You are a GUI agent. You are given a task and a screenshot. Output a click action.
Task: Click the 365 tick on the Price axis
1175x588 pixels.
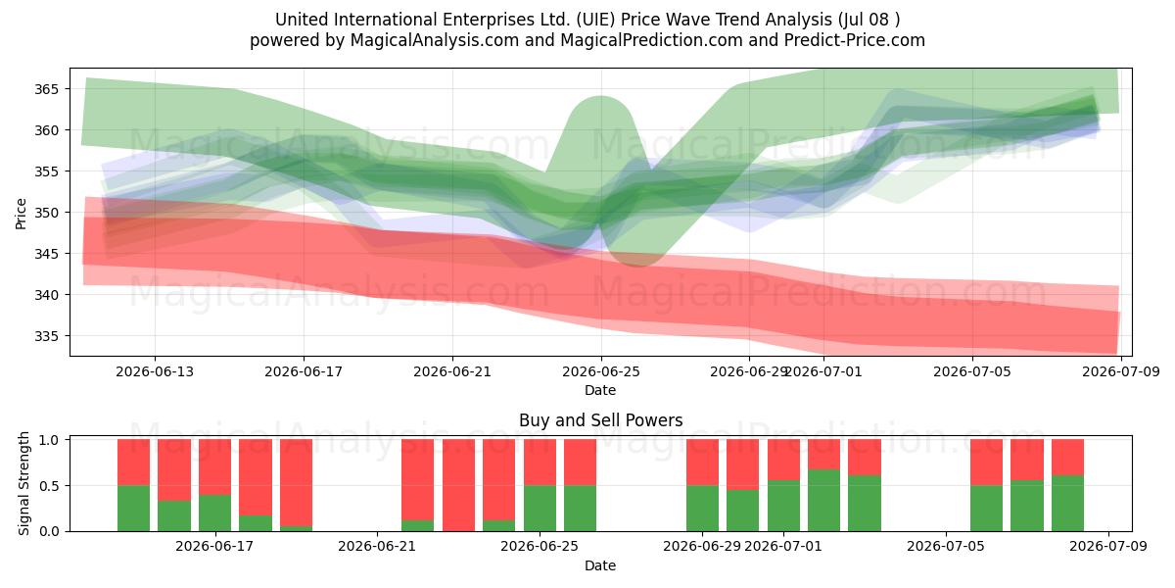46,89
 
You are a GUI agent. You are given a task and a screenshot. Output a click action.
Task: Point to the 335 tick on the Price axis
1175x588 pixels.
46,336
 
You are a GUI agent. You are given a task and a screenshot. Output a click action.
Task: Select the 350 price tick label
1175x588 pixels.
46,213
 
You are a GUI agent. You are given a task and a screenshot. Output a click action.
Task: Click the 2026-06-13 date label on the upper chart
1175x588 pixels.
155,372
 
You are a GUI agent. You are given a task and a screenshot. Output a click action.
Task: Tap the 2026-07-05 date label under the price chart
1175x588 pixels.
972,372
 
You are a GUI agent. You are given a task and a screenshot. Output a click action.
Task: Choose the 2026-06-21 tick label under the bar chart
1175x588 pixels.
377,547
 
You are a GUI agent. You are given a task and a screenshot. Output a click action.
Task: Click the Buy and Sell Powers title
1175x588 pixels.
600,420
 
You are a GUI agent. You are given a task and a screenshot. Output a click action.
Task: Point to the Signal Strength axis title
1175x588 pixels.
23,483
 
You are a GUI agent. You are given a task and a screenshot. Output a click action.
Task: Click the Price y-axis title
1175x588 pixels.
21,214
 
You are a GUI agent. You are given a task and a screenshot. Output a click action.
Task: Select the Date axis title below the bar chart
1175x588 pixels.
600,566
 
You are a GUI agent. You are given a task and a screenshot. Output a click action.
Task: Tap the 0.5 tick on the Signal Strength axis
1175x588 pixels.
50,486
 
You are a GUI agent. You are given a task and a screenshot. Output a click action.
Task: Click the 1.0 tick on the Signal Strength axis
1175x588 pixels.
50,439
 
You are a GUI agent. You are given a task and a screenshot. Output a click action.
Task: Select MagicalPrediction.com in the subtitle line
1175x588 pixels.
651,40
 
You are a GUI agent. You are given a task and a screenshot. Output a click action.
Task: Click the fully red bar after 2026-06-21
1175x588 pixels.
458,485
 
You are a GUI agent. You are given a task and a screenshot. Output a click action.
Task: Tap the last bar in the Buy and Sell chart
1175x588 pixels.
1067,485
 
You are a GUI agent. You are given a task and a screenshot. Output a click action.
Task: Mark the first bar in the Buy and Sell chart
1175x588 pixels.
133,485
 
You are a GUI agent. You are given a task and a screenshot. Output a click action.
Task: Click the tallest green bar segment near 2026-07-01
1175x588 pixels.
823,501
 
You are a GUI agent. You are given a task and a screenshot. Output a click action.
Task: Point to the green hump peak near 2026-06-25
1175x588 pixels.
600,97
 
